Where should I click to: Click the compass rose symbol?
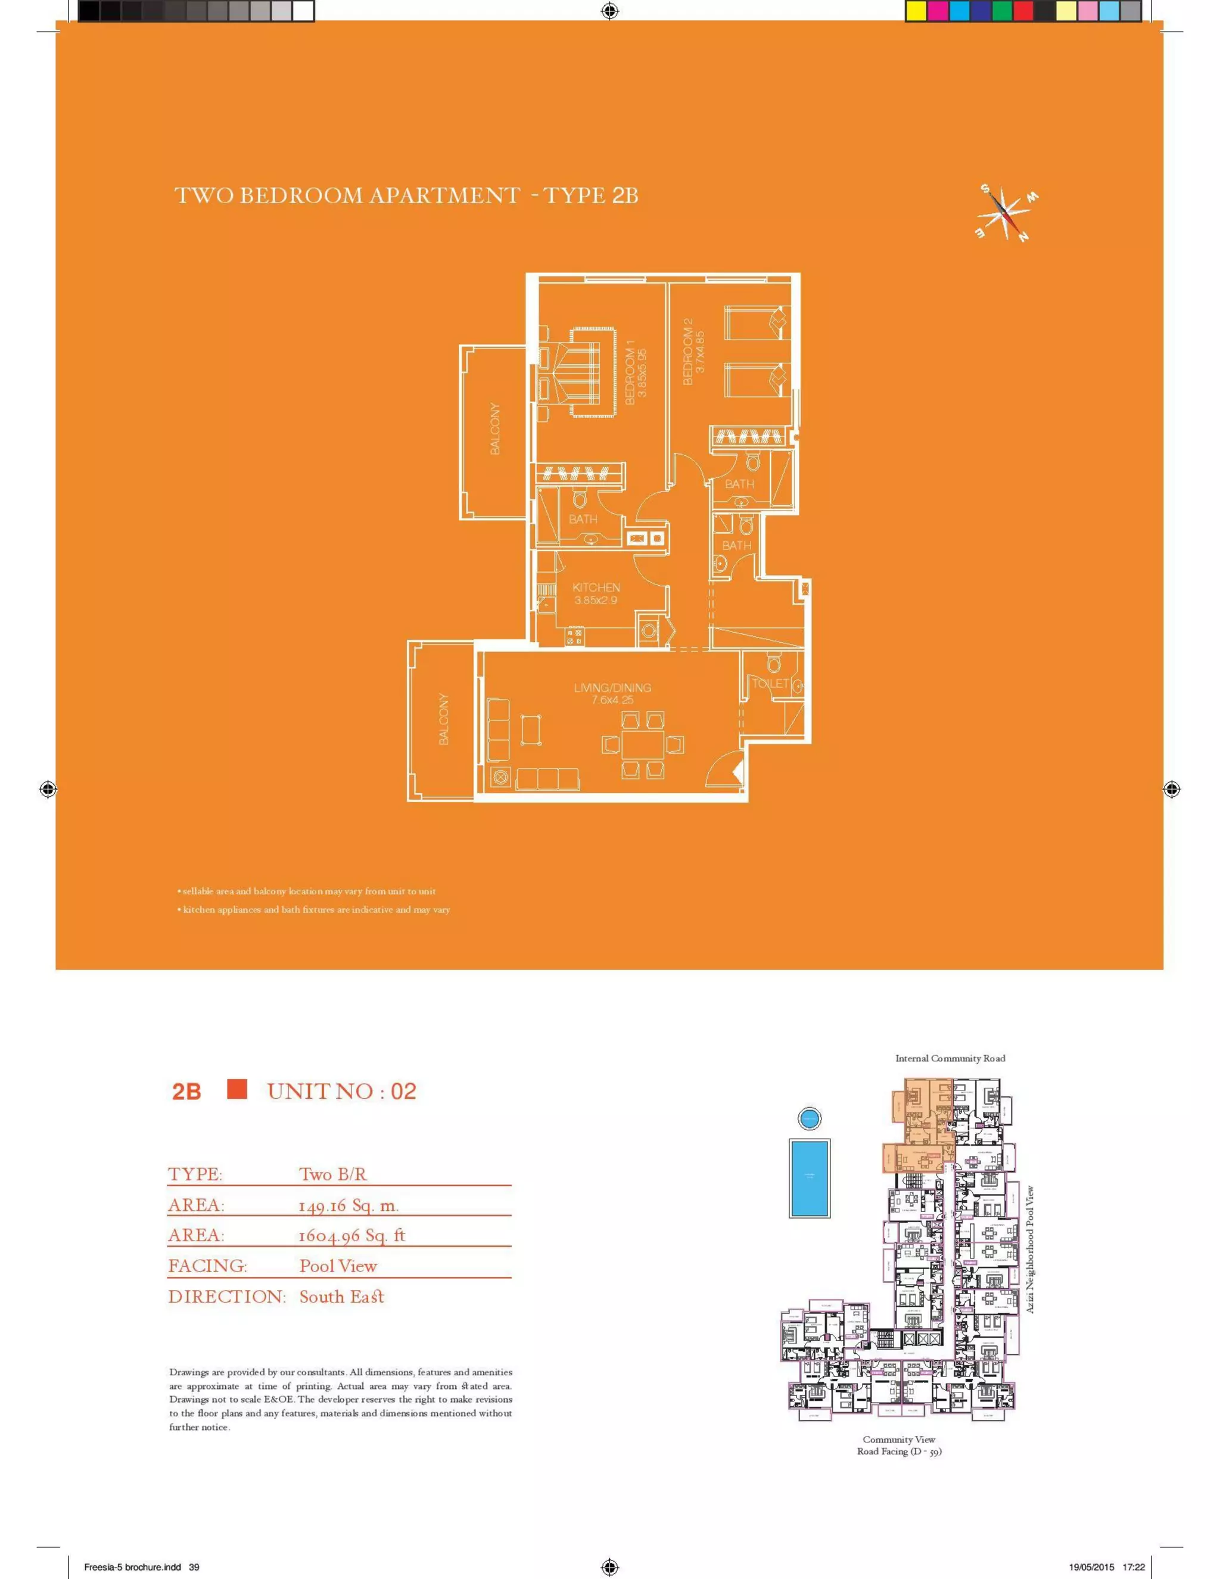(1006, 214)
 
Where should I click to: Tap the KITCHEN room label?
(596, 587)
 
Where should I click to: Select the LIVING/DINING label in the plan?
(612, 688)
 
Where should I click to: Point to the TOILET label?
(770, 683)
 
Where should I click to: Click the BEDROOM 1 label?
(630, 376)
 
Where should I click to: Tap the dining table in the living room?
(643, 745)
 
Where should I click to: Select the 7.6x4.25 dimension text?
(612, 700)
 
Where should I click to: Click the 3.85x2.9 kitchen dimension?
(596, 600)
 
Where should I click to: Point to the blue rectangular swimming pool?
(810, 1178)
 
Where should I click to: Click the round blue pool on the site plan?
(810, 1118)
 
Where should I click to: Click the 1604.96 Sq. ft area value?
(352, 1236)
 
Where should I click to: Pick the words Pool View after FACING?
(338, 1266)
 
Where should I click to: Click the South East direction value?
(342, 1297)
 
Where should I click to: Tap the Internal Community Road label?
(950, 1058)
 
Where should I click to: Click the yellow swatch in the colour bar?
(916, 10)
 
